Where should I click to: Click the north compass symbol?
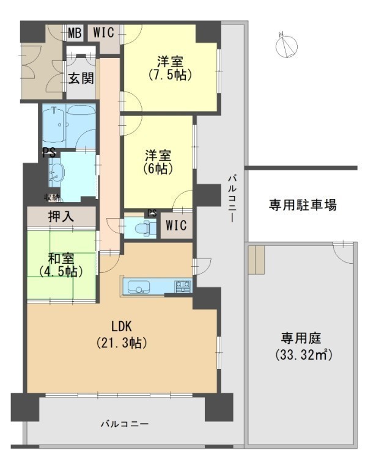(x=287, y=46)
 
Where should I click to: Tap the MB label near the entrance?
(x=75, y=33)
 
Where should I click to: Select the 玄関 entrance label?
(x=81, y=78)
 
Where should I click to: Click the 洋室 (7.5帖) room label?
(x=170, y=68)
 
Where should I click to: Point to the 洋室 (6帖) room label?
(x=158, y=162)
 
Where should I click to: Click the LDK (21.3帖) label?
(x=122, y=335)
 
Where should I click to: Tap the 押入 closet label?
(x=61, y=217)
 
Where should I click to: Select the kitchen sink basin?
(x=139, y=286)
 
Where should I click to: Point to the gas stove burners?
(x=183, y=286)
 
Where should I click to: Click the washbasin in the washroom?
(x=57, y=173)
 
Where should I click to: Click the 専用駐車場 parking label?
(x=303, y=205)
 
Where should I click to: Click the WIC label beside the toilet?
(x=177, y=225)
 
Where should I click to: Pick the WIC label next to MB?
(x=103, y=32)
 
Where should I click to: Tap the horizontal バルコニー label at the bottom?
(x=125, y=424)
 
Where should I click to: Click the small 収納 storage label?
(x=51, y=197)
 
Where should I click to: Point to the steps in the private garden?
(x=256, y=260)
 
